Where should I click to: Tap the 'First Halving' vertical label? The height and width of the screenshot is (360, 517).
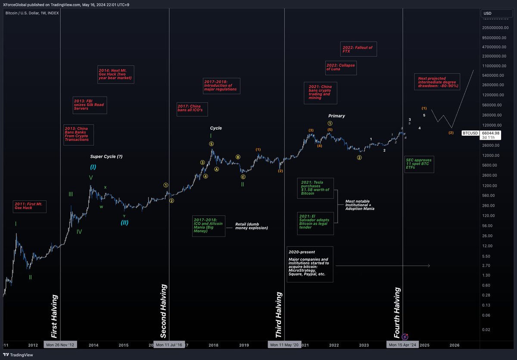pos(54,316)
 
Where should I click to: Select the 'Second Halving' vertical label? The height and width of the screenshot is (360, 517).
pos(163,316)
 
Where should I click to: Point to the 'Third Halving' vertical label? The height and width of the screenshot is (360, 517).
pos(279,315)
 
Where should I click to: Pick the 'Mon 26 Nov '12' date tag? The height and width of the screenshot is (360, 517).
pos(60,345)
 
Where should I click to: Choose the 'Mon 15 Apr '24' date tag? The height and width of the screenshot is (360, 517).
pos(402,345)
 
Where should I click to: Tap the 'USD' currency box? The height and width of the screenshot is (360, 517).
pos(494,13)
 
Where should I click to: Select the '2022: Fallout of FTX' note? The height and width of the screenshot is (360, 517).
pos(358,49)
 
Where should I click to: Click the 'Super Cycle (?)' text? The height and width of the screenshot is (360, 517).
pos(106,157)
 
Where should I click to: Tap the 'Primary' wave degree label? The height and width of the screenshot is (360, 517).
pos(336,116)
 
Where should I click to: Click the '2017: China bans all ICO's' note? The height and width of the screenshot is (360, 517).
pos(192,109)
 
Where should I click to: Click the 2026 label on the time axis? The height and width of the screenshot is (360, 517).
pos(454,345)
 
